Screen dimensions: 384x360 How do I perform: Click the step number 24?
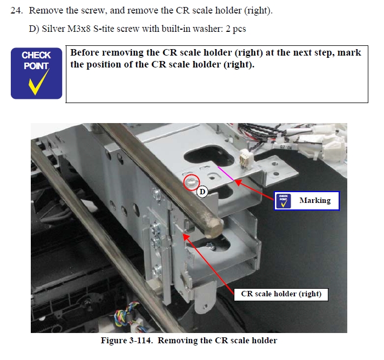pos(17,10)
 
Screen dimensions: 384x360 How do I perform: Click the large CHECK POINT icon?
pos(37,73)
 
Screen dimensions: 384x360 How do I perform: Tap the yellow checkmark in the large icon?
pos(38,82)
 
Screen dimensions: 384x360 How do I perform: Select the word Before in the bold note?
pos(85,52)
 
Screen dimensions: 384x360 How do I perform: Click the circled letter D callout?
pos(203,192)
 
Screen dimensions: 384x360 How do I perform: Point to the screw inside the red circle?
pos(191,182)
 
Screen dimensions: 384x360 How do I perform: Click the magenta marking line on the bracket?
pos(226,173)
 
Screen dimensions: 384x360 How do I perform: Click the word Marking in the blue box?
pos(315,200)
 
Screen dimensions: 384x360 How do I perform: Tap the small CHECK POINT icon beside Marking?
pos(284,201)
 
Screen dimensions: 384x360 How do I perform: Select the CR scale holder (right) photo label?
pos(281,294)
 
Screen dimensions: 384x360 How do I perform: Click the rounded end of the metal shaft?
pos(214,228)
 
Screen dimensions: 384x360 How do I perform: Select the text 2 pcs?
pos(235,29)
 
